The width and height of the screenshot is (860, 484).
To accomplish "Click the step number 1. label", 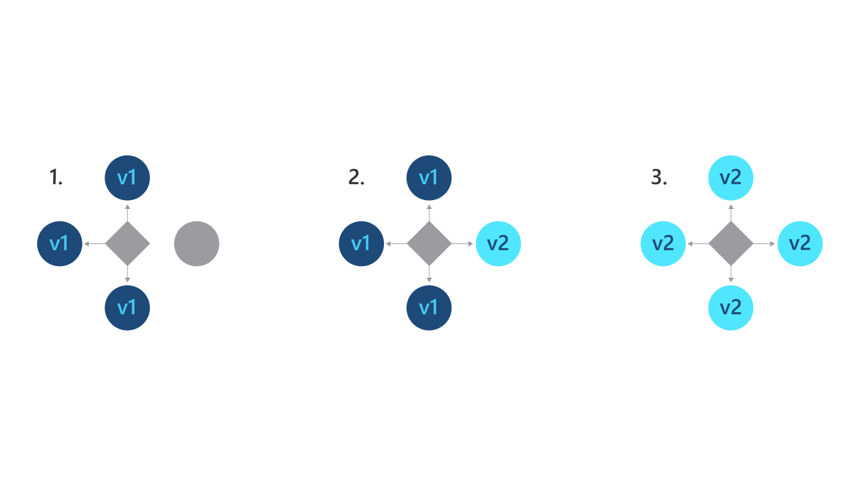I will (x=56, y=178).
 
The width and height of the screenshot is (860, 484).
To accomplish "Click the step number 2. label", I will (x=356, y=178).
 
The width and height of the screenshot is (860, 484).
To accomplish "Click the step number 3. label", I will (x=658, y=178).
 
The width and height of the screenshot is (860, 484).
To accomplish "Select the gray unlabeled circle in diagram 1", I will (x=197, y=243).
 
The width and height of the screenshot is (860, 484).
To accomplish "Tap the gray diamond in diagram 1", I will (x=127, y=243).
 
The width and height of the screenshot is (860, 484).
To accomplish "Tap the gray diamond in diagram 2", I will (x=429, y=243).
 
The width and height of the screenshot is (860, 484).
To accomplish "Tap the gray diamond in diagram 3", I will (x=730, y=243).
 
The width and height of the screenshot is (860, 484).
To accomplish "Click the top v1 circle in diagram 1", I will (x=127, y=178).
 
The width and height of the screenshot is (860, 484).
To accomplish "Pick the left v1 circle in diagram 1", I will (x=60, y=243).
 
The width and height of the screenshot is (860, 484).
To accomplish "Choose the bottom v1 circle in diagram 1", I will (x=127, y=307).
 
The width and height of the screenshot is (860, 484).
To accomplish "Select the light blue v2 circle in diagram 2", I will (x=497, y=243).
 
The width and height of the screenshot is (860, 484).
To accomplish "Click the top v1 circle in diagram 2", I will (x=429, y=178).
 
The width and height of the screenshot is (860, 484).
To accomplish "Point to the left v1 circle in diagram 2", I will (x=361, y=243).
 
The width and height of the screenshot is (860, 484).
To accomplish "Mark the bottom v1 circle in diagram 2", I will (x=429, y=307).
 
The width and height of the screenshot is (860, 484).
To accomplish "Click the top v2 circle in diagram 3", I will (x=730, y=178).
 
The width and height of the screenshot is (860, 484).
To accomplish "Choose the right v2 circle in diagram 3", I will (x=799, y=243).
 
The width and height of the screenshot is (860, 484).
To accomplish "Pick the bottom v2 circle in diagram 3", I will (x=730, y=307).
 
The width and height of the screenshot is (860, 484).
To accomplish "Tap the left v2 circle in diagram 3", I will (x=663, y=243).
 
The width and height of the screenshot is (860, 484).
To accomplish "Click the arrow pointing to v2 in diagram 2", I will (x=463, y=243).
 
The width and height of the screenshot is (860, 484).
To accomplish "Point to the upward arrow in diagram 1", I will (x=127, y=212).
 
